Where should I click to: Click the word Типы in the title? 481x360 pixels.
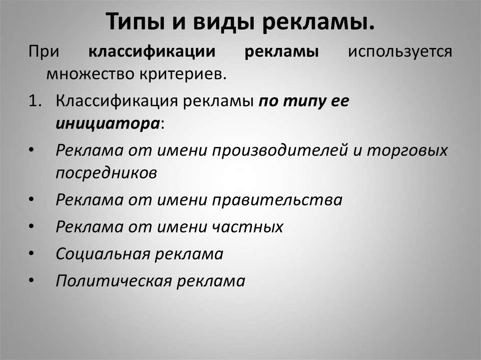(135, 22)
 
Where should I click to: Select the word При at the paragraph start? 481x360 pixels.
(44, 52)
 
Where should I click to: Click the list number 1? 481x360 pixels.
(35, 100)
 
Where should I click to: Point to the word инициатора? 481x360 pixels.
(108, 124)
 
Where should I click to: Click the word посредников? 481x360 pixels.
(106, 173)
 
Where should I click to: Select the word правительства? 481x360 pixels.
(277, 200)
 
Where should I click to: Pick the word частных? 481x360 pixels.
(247, 227)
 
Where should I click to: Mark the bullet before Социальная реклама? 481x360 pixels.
(31, 253)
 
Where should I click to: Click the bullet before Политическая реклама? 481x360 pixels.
(31, 281)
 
